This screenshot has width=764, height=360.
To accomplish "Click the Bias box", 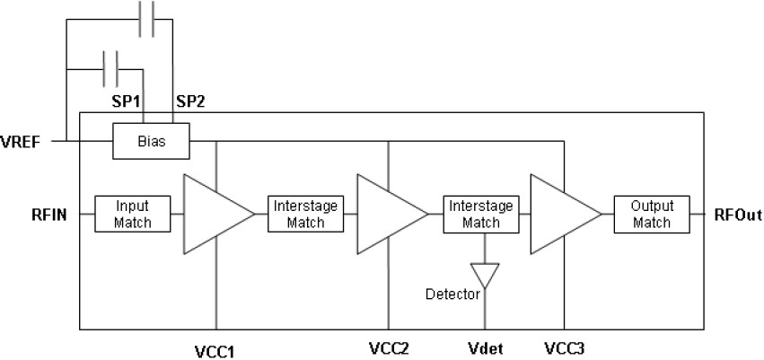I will point(151,142).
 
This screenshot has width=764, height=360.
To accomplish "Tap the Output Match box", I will point(651,214).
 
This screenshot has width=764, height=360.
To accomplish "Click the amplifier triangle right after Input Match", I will point(214,214).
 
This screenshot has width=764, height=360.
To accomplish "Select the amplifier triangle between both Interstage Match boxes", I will point(387,214).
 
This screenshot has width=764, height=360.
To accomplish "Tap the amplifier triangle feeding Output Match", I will point(561,214).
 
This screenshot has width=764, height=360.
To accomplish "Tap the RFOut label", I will point(739,215).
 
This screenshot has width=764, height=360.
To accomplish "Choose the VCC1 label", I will point(216,348).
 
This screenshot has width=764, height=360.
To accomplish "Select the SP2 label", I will point(190,101).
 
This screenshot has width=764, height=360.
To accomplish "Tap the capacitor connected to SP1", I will point(112,65).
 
